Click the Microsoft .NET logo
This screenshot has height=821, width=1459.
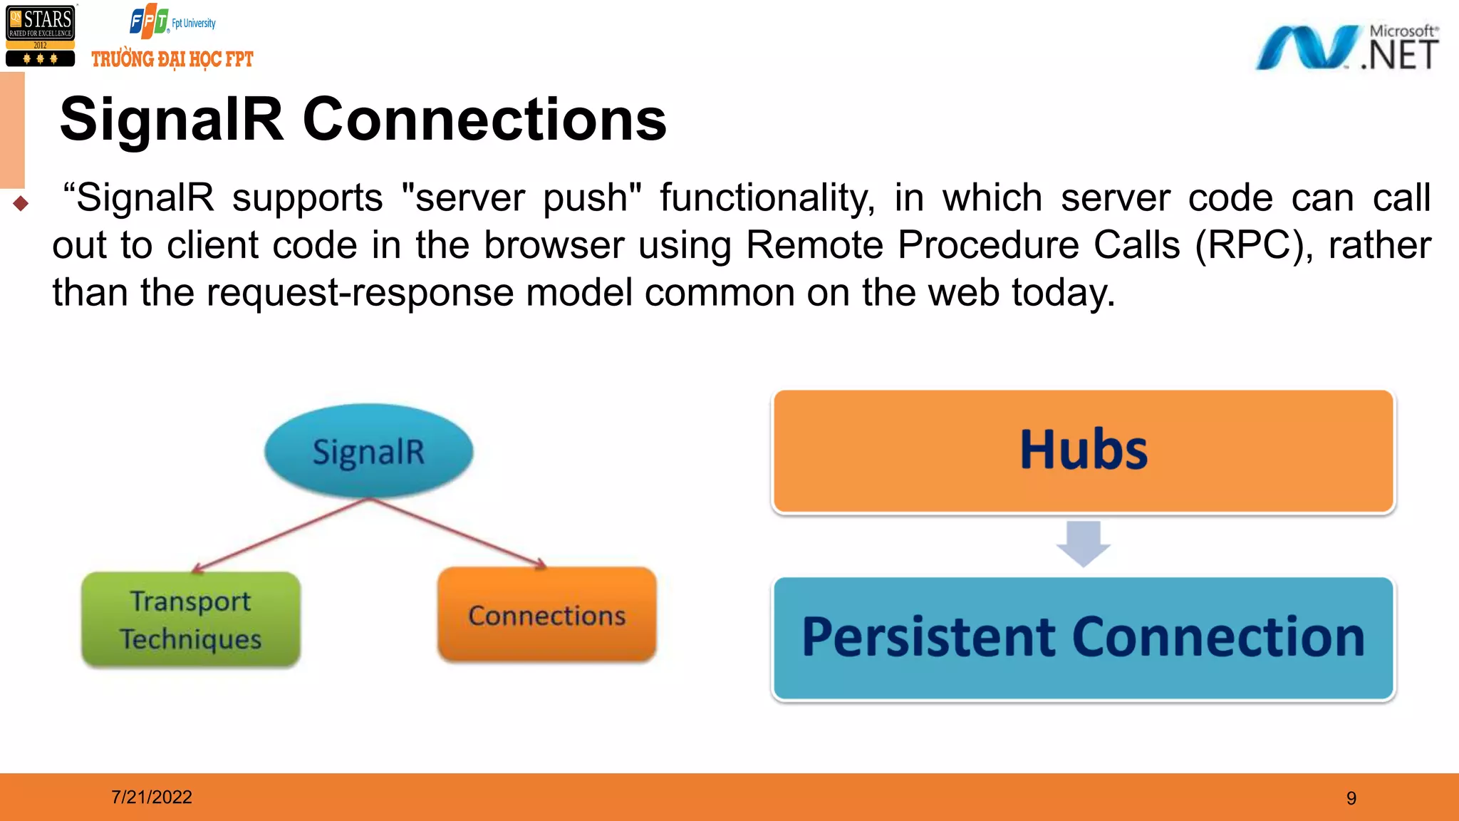pyautogui.click(x=1346, y=47)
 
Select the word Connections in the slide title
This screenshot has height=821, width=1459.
pyautogui.click(x=484, y=120)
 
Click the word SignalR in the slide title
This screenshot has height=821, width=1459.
pyautogui.click(x=172, y=120)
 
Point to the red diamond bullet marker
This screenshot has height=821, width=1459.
pyautogui.click(x=21, y=204)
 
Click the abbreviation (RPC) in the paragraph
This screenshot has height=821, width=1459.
pyautogui.click(x=1254, y=245)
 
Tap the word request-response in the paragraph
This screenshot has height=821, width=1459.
pyautogui.click(x=360, y=293)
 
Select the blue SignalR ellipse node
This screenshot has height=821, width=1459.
pyautogui.click(x=368, y=451)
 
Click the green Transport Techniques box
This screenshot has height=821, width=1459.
pyautogui.click(x=191, y=619)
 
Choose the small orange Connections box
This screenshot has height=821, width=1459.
pyautogui.click(x=546, y=615)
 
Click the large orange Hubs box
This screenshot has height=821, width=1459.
pyautogui.click(x=1083, y=450)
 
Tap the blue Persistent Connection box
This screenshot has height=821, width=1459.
pyautogui.click(x=1083, y=638)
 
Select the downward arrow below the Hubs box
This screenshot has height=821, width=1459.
pyautogui.click(x=1083, y=544)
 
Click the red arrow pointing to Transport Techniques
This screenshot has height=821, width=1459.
pyautogui.click(x=281, y=535)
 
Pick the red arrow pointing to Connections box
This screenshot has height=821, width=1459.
pyautogui.click(x=456, y=532)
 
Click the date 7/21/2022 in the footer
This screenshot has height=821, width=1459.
pyautogui.click(x=152, y=797)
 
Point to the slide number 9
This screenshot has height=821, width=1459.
pyautogui.click(x=1351, y=798)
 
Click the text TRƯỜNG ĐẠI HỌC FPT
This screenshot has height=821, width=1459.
pyautogui.click(x=172, y=59)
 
